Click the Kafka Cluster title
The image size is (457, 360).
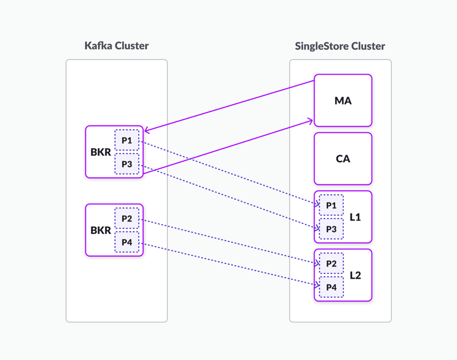pyautogui.click(x=116, y=46)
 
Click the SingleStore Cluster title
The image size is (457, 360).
pyautogui.click(x=340, y=46)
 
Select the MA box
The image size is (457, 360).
pyautogui.click(x=343, y=100)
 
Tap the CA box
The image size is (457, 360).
pyautogui.click(x=343, y=159)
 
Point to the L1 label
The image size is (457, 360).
pyautogui.click(x=355, y=217)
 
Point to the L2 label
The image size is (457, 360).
pyautogui.click(x=355, y=275)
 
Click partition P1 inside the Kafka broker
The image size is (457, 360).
pyautogui.click(x=127, y=140)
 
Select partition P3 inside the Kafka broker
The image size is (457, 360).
pyautogui.click(x=127, y=164)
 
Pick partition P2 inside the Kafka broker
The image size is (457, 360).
pyautogui.click(x=127, y=218)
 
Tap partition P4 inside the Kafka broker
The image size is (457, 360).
pyautogui.click(x=127, y=242)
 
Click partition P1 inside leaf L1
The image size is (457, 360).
pyautogui.click(x=331, y=205)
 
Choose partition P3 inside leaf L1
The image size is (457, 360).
pyautogui.click(x=331, y=229)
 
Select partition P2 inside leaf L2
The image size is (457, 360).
pyautogui.click(x=331, y=263)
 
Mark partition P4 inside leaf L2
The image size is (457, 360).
pyautogui.click(x=331, y=287)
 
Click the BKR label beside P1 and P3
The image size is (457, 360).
pyautogui.click(x=101, y=152)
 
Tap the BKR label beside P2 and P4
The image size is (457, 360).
pyautogui.click(x=101, y=231)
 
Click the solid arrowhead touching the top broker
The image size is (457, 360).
pyautogui.click(x=147, y=130)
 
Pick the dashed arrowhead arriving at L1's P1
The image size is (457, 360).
pyautogui.click(x=316, y=204)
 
